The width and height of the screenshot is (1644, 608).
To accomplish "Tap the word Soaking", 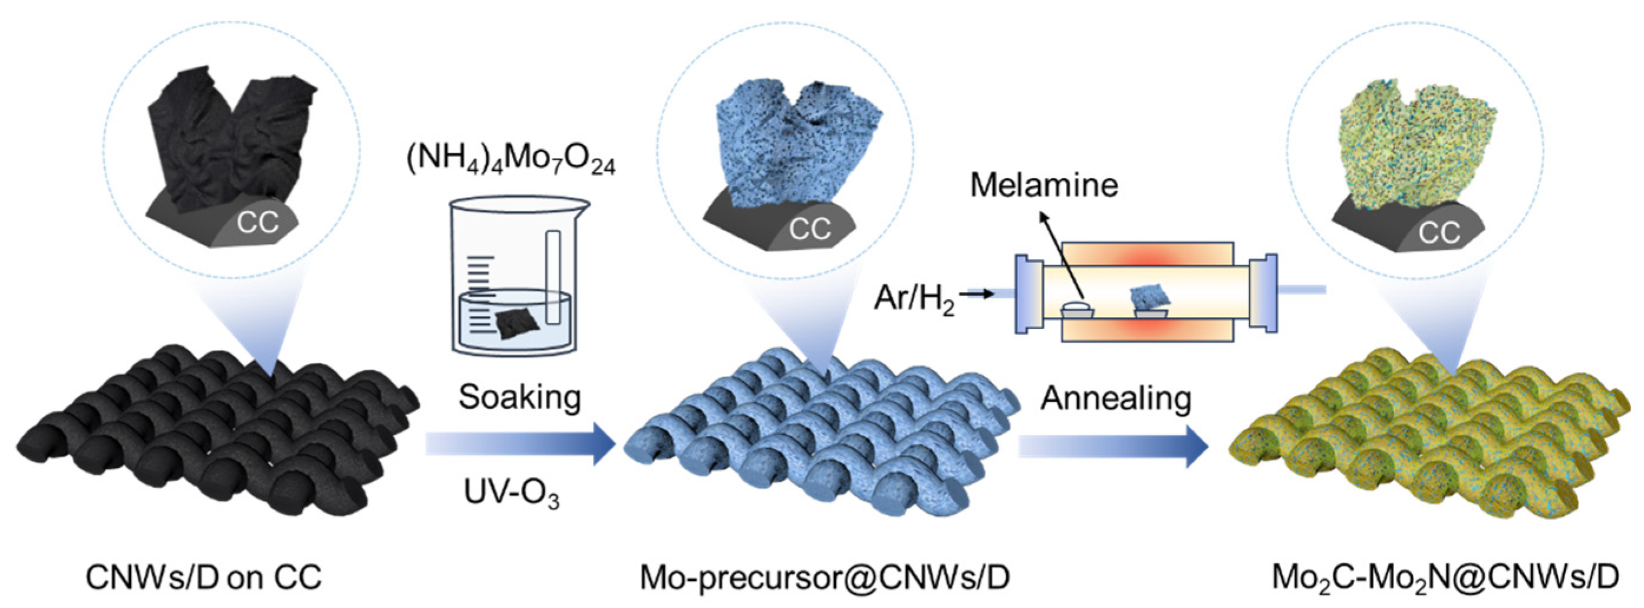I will point(519,398).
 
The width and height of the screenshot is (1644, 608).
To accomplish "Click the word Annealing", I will point(1116,399).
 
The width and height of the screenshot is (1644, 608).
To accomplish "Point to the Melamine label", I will point(1044,185).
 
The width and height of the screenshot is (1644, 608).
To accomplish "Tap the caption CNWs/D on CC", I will point(203,577).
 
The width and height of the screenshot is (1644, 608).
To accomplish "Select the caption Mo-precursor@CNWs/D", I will point(825,577).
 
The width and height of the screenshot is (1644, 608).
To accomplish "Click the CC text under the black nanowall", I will point(258,223).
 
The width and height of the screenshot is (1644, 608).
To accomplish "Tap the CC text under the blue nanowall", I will point(810,229).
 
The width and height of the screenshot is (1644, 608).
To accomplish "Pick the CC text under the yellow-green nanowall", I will point(1439,233).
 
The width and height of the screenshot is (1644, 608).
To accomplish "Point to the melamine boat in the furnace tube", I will point(1078,310).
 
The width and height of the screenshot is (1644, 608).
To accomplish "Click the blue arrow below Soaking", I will point(519,444).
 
